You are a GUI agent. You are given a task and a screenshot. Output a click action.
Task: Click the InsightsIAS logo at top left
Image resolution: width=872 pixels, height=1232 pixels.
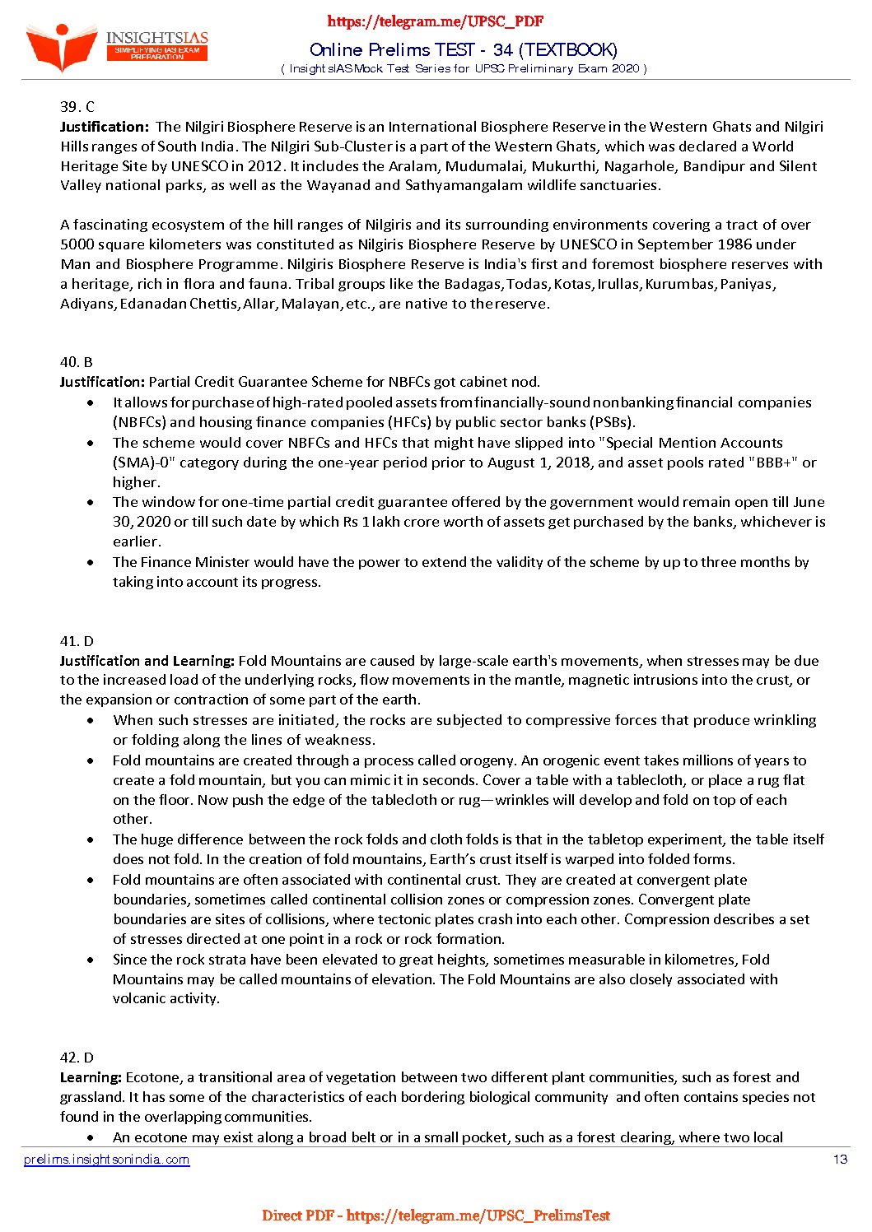point(115,46)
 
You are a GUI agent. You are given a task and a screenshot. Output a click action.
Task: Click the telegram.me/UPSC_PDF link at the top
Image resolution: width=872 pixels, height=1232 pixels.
point(436,21)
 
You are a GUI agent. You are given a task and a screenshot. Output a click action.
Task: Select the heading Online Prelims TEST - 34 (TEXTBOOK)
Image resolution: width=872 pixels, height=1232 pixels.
point(464,50)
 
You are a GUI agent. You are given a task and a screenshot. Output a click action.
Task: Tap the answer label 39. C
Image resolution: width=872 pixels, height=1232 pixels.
point(77,107)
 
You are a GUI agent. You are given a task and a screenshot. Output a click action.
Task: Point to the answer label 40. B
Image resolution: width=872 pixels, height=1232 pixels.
point(76,362)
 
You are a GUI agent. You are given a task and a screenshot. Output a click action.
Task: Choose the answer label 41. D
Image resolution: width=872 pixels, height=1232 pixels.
point(77,641)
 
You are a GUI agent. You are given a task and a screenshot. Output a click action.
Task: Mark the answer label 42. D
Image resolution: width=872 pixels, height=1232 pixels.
point(77,1058)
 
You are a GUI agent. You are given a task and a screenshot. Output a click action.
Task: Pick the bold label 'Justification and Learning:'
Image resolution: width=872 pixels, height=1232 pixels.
point(147,661)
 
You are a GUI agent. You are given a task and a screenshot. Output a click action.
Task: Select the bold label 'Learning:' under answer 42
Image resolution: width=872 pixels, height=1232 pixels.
point(91,1077)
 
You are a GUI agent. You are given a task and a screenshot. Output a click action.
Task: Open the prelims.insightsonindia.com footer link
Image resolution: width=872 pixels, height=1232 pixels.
point(107,1160)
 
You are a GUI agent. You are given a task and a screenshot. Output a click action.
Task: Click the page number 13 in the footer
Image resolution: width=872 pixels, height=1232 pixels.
point(840,1160)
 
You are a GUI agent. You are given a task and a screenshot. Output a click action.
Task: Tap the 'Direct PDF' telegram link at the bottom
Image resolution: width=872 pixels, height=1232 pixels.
point(436,1216)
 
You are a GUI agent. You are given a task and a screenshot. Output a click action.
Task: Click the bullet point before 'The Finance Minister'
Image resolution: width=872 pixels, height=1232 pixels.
point(91,563)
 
